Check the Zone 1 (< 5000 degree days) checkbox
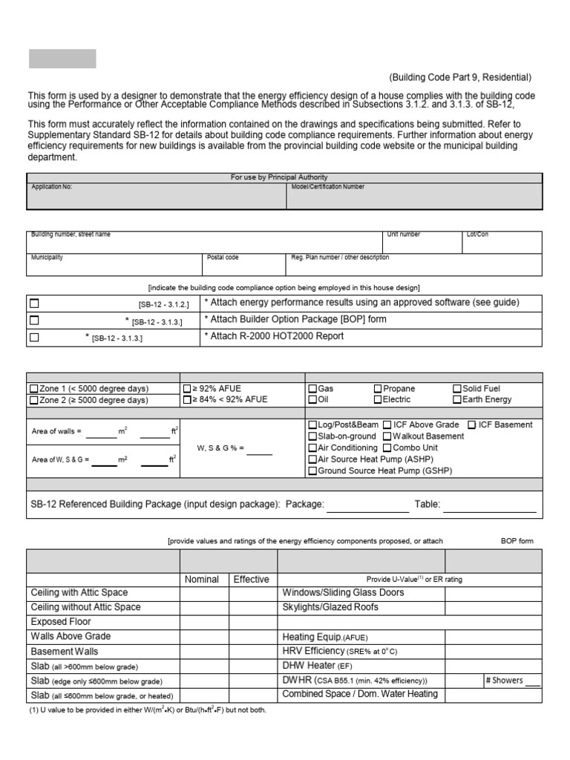[33, 389]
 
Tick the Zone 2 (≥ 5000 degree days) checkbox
[33, 400]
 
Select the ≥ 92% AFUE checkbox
[187, 389]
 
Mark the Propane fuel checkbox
[378, 389]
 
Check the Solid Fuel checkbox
[457, 389]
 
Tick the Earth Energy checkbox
[457, 400]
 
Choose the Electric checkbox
[378, 400]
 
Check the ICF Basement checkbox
[472, 425]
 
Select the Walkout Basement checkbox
[387, 436]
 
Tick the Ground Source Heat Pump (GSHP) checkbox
[312, 471]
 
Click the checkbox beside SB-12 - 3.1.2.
[34, 304]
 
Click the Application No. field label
[51, 187]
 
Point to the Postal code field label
[223, 258]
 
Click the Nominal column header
[201, 580]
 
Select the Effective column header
[251, 580]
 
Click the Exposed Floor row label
[61, 622]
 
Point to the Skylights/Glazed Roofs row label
[330, 607]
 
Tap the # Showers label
[504, 681]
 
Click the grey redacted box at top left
[62, 59]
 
